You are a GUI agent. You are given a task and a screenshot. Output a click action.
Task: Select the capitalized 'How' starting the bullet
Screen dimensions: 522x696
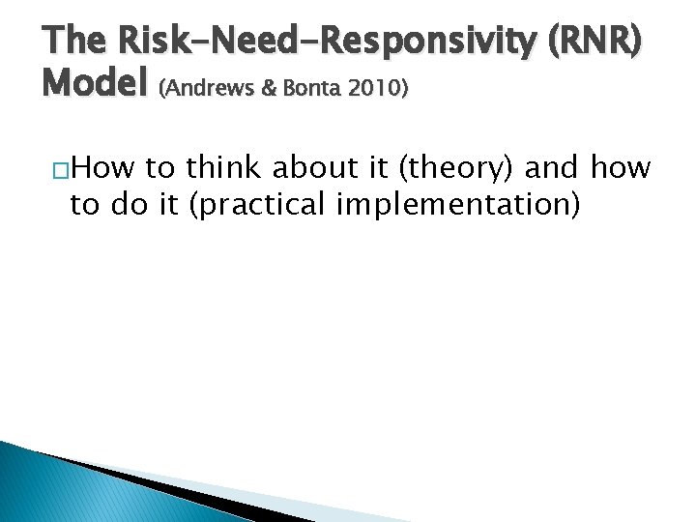pos(103,169)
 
